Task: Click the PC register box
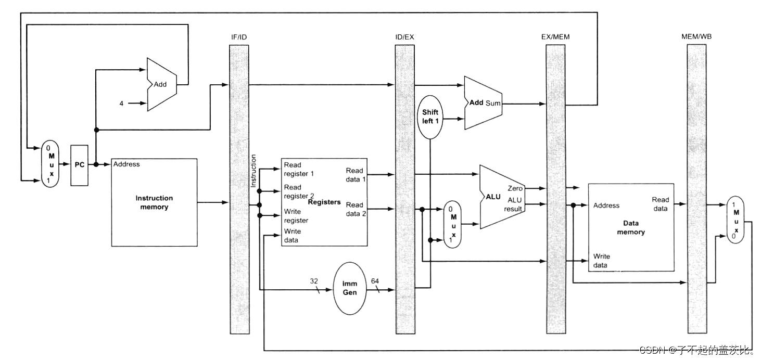point(80,165)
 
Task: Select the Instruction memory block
point(154,202)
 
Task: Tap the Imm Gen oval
point(349,289)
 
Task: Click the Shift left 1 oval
point(430,117)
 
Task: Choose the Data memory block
point(630,227)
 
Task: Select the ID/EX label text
point(404,37)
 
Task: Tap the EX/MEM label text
point(555,37)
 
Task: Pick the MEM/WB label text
point(696,37)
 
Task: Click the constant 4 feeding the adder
point(121,104)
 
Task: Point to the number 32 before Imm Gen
point(314,281)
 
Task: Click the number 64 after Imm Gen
point(375,281)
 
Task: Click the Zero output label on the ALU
point(515,188)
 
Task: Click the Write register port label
point(296,216)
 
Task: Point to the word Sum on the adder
point(493,103)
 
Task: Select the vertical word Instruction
point(253,171)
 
